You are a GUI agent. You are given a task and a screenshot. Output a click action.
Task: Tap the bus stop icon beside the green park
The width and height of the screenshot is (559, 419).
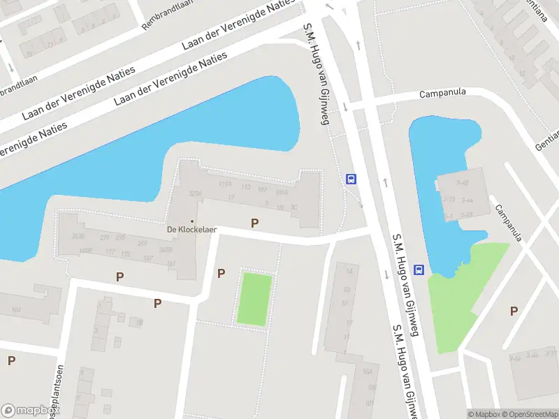[x=419, y=270]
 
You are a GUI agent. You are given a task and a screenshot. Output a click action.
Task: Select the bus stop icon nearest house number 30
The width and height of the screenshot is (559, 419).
[x=351, y=179]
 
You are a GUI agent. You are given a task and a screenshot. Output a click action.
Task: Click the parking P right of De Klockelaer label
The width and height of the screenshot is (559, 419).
[x=255, y=223]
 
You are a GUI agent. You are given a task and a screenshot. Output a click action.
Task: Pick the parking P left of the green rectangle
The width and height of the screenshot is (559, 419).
[x=222, y=274]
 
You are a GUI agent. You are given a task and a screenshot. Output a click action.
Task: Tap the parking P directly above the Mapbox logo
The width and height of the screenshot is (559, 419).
[x=11, y=361]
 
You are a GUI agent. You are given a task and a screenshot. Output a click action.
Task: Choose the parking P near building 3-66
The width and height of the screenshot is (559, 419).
[x=514, y=311]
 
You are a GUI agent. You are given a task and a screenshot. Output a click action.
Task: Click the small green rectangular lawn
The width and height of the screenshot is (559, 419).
[x=254, y=299]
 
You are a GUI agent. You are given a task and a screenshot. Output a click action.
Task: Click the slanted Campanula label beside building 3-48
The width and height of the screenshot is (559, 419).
[x=510, y=223]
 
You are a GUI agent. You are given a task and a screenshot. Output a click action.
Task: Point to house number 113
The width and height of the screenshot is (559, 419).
[x=246, y=187]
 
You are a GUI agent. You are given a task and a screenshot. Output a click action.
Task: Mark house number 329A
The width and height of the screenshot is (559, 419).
[x=195, y=193]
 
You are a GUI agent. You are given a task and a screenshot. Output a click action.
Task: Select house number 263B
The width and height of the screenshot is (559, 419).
[x=78, y=235]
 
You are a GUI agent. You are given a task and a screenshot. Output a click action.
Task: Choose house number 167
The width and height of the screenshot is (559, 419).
[x=147, y=258]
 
